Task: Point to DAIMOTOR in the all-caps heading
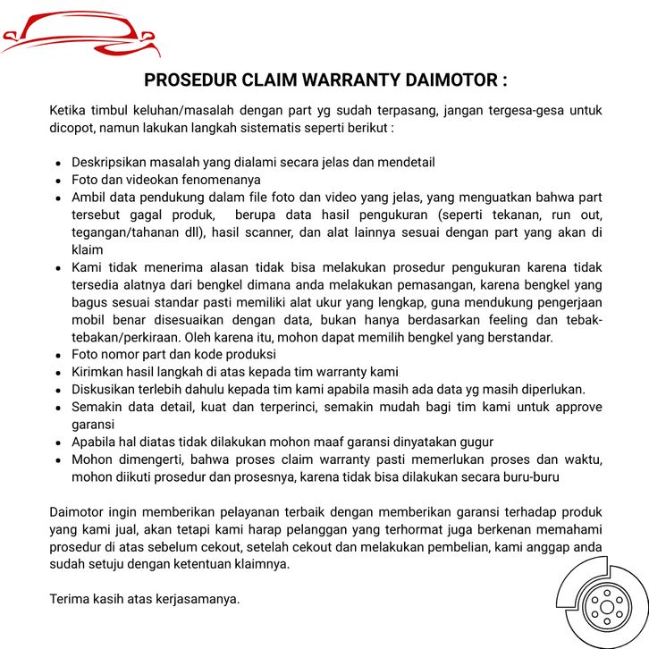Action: click(x=451, y=80)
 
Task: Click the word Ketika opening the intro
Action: click(x=68, y=111)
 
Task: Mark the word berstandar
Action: click(x=522, y=337)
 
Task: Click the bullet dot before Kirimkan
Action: click(x=58, y=372)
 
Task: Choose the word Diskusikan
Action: click(x=102, y=389)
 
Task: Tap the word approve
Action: click(x=578, y=407)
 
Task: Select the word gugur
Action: click(x=475, y=442)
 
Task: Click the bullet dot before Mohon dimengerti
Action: click(x=58, y=459)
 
